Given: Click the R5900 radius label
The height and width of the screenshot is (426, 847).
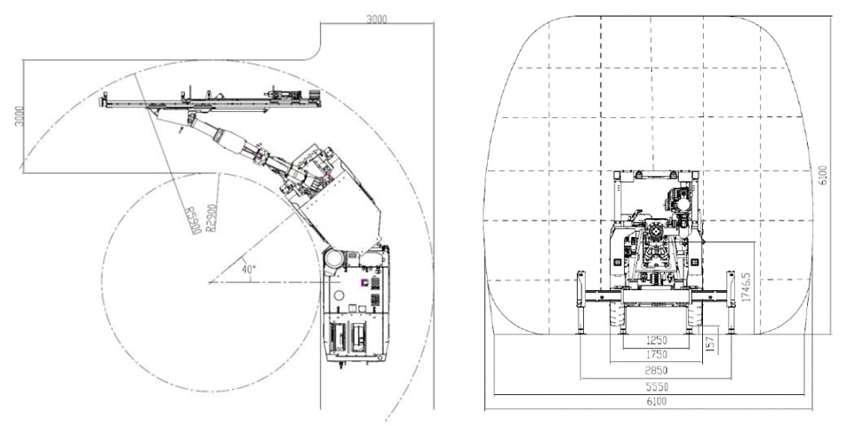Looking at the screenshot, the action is [x=192, y=220].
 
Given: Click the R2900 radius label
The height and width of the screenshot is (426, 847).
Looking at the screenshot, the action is [x=212, y=217].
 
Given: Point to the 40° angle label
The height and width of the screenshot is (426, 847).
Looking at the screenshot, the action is [x=249, y=269].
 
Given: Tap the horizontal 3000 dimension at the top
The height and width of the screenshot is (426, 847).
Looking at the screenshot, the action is [x=377, y=20].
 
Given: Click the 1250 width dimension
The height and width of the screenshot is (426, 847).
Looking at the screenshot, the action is [x=656, y=340].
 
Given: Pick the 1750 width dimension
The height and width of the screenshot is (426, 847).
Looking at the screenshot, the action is [x=656, y=355].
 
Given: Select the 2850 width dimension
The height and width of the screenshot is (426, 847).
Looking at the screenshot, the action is [x=656, y=370].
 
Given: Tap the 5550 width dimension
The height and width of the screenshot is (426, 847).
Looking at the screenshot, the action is [x=656, y=387].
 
